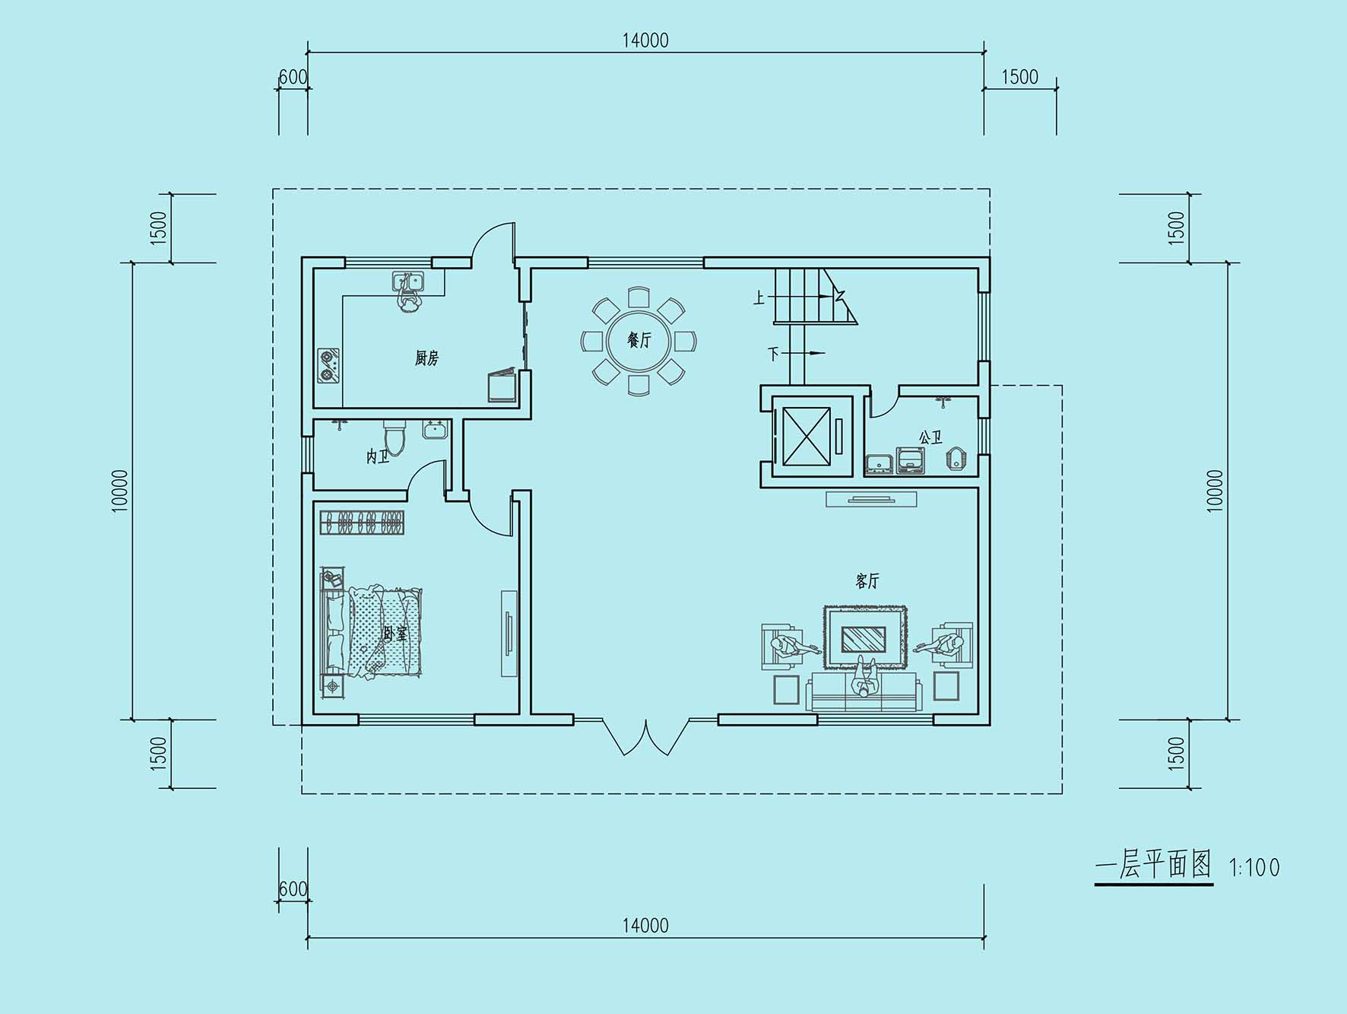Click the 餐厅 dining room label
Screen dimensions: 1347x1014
tap(639, 340)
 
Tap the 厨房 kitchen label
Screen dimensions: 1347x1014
tap(426, 358)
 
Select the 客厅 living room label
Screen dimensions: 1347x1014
tap(867, 581)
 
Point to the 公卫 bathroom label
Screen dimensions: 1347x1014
tap(930, 438)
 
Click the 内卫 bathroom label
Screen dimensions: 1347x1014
tap(378, 456)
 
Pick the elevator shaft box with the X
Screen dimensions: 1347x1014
tap(807, 436)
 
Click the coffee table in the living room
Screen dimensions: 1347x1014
tap(864, 638)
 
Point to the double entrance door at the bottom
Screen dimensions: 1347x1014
tap(646, 736)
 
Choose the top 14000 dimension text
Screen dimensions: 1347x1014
tap(645, 40)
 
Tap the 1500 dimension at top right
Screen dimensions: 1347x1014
tap(1019, 77)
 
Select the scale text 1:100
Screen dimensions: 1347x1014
tap(1254, 867)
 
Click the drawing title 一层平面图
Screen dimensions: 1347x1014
tap(1153, 865)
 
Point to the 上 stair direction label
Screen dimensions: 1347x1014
tap(759, 297)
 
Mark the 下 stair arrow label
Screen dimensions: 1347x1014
tap(774, 354)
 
